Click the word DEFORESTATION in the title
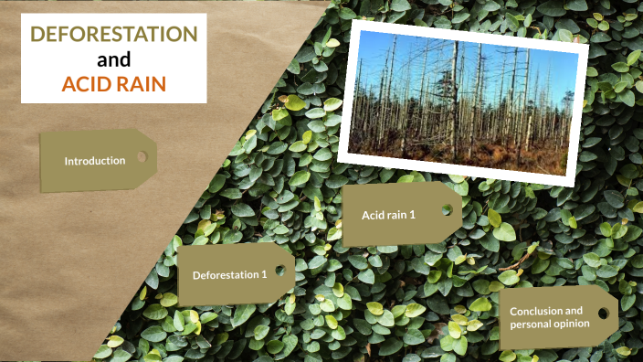[114, 35]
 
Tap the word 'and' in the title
[114, 60]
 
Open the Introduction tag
[94, 161]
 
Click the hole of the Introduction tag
[142, 157]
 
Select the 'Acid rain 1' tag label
[388, 215]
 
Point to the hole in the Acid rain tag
[447, 209]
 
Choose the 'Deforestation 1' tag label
[229, 274]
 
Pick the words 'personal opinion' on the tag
[549, 324]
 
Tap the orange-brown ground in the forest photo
[493, 155]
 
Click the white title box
[114, 59]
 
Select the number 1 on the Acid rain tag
[413, 215]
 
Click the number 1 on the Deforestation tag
[265, 274]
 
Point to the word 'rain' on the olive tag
[395, 215]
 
